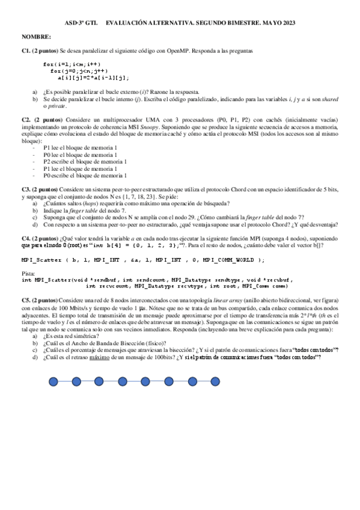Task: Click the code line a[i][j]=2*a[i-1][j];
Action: pos(93,78)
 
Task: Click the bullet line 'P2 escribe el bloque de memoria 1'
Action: pos(85,161)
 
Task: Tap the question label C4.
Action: pos(26,239)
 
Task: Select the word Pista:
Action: pos(28,274)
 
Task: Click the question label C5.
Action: pos(26,299)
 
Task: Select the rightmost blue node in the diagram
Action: pos(215,381)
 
